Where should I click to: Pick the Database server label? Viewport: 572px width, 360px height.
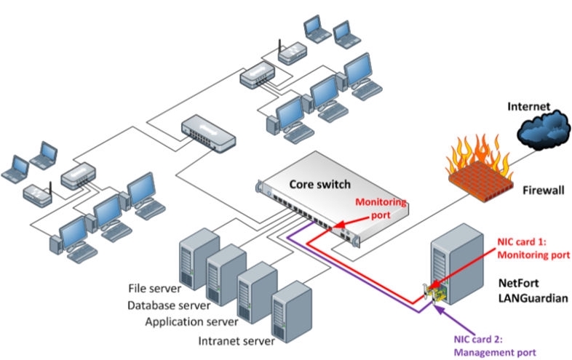pos(169,305)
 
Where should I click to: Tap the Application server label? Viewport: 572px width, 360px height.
pos(191,321)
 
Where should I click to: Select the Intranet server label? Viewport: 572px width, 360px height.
pos(237,340)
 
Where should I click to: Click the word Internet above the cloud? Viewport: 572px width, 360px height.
pos(529,106)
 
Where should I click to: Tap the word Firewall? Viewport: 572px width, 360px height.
pos(543,190)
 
